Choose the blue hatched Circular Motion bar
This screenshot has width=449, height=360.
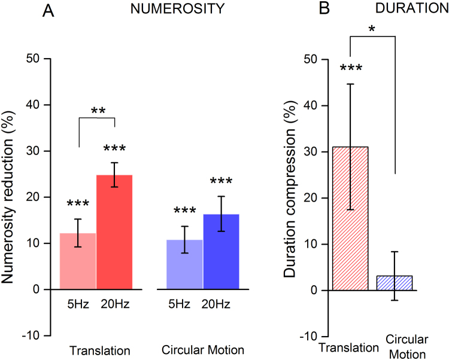[395, 283]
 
